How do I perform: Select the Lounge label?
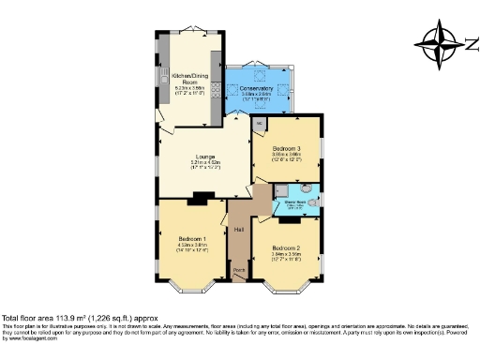(204, 157)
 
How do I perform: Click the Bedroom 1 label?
(192, 239)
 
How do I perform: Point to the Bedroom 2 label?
(287, 248)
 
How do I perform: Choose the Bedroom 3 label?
(287, 148)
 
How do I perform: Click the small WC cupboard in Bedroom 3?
(260, 123)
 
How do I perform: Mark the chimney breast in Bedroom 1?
(198, 198)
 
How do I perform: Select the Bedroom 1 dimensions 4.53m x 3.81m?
(192, 246)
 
